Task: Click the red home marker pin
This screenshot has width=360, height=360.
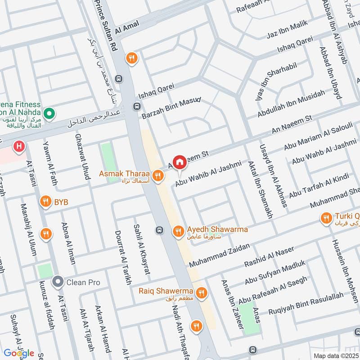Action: pos(179,162)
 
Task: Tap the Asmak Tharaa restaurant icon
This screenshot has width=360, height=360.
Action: pos(157,176)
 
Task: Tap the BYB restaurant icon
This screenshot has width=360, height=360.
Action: pos(45,202)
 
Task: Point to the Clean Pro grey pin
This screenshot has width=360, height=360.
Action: pos(58,283)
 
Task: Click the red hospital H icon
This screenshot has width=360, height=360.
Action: pos(18,146)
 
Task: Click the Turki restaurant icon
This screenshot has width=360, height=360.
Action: pos(326,219)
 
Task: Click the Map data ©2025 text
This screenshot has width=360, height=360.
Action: pos(336,355)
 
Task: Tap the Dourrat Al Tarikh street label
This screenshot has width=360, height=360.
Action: pos(121,257)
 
